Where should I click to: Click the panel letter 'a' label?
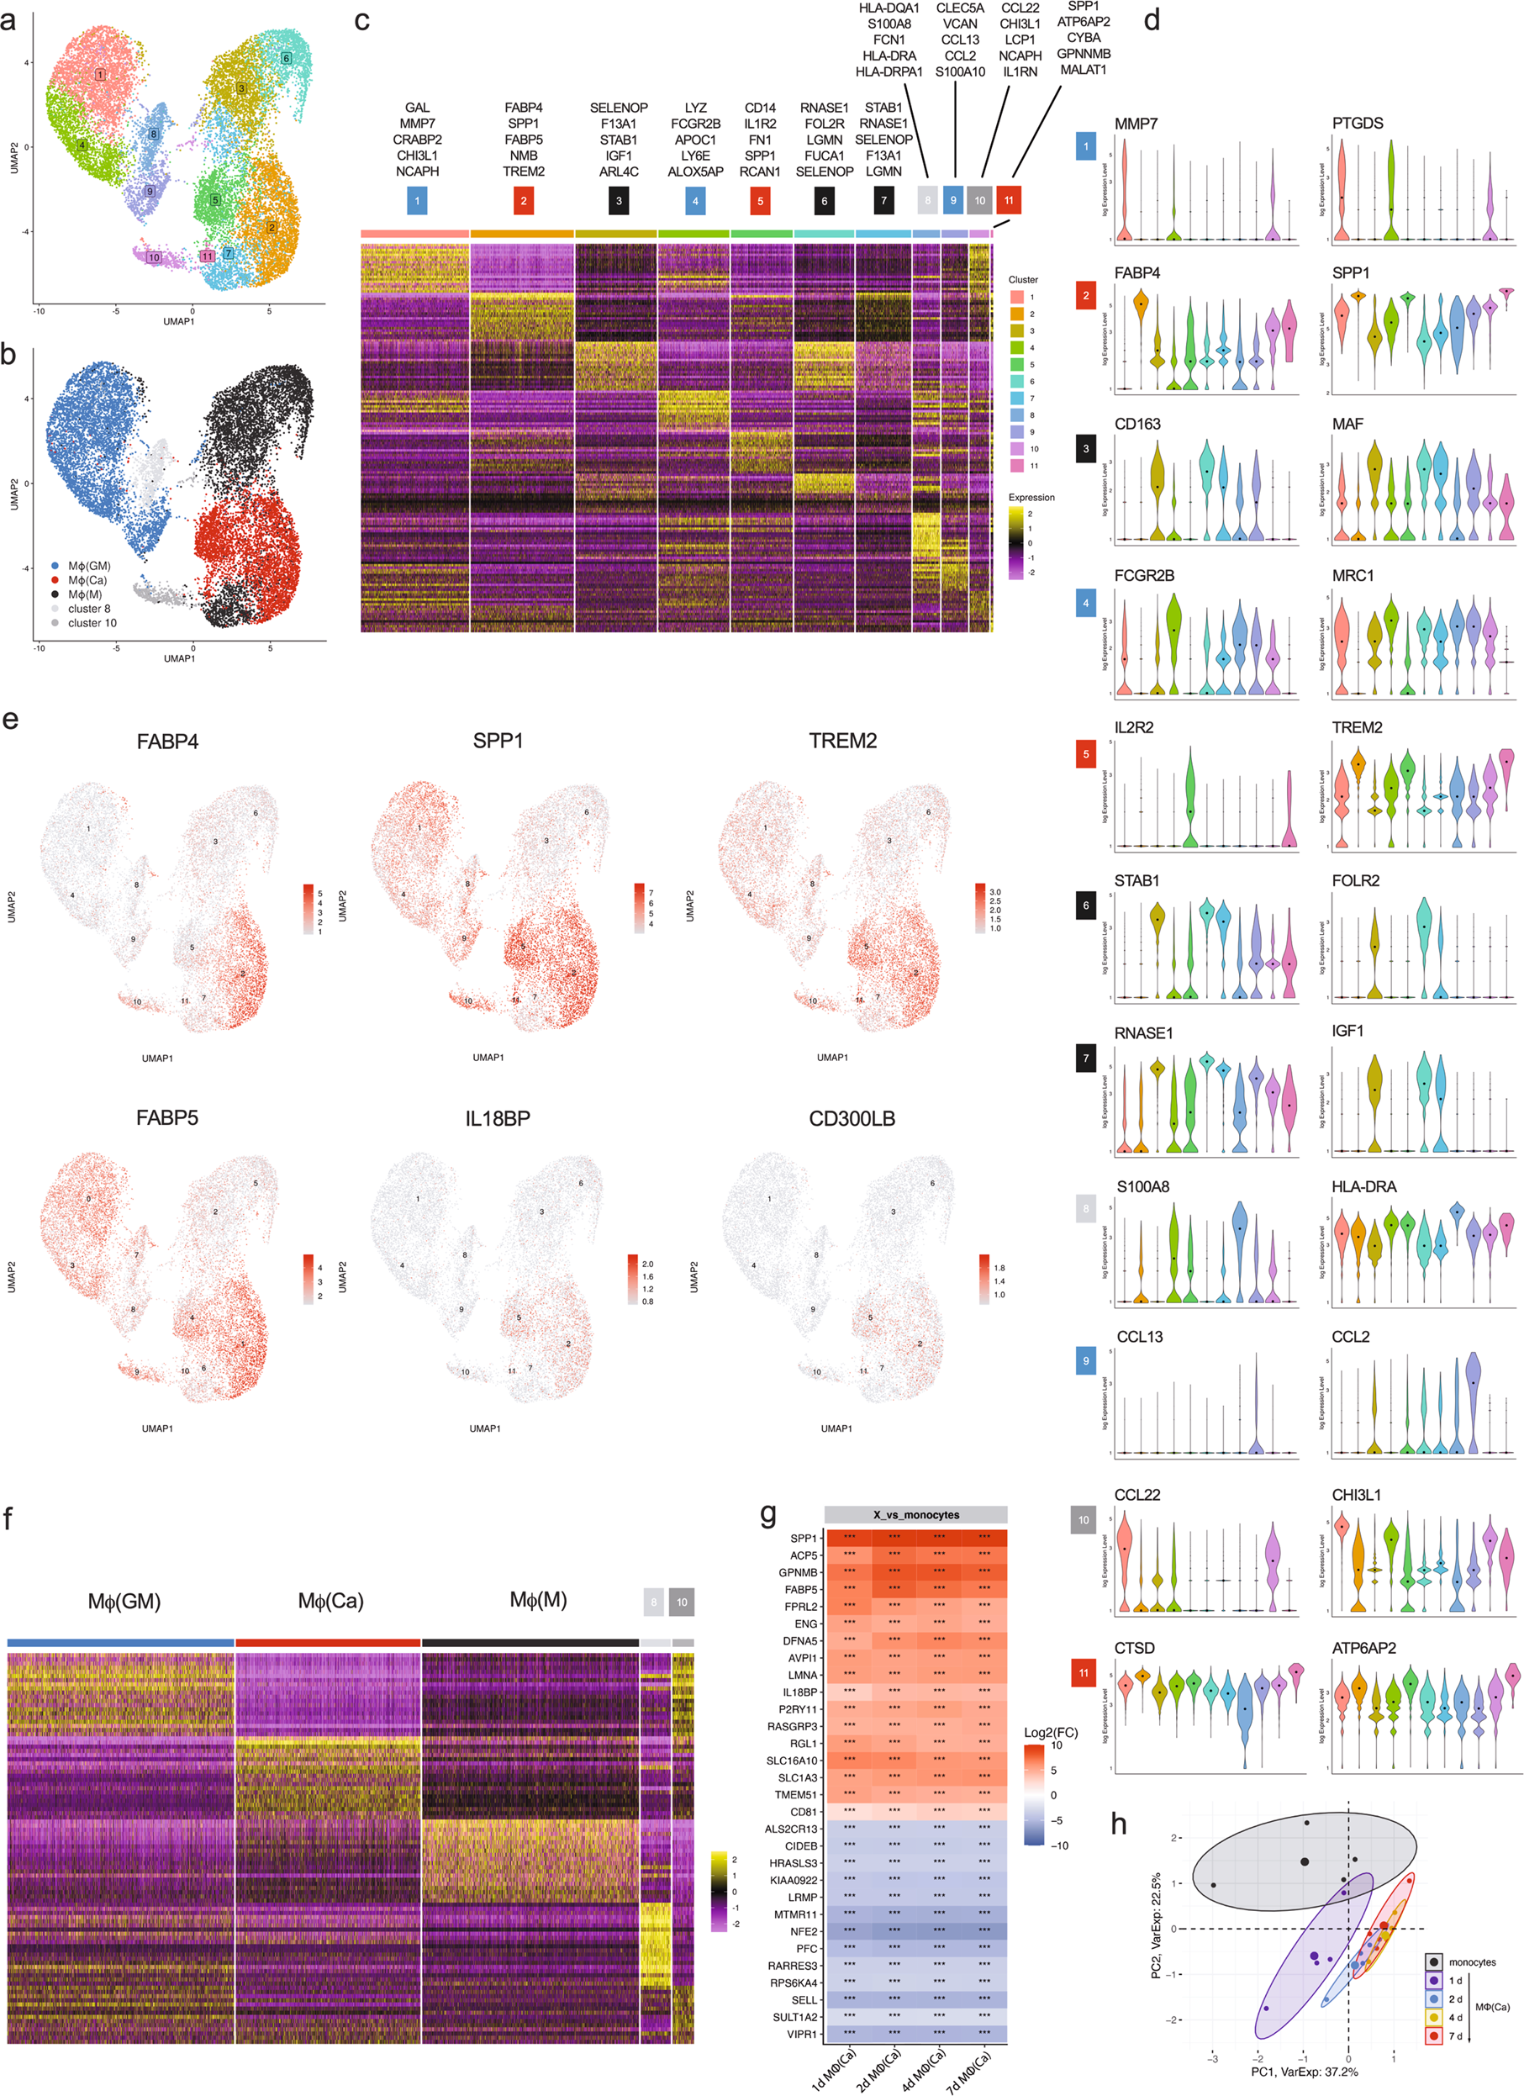click(x=8, y=19)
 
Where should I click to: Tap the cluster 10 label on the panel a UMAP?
click(x=154, y=258)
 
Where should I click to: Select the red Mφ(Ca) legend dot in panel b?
click(x=55, y=580)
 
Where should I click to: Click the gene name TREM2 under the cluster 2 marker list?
click(x=523, y=172)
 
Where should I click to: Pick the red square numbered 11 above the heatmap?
click(x=1009, y=201)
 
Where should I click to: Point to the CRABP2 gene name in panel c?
click(x=417, y=140)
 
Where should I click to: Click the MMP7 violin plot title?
click(x=1136, y=124)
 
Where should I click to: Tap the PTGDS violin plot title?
click(x=1357, y=124)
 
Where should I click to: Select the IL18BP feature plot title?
click(x=498, y=1118)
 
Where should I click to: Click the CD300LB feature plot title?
click(x=852, y=1118)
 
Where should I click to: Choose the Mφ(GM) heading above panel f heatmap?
click(x=124, y=1602)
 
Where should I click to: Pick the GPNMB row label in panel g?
click(x=798, y=1572)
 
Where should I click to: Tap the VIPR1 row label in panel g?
click(x=801, y=2034)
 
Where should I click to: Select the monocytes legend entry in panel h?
click(x=1471, y=1962)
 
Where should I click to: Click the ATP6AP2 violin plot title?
click(x=1363, y=1649)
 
